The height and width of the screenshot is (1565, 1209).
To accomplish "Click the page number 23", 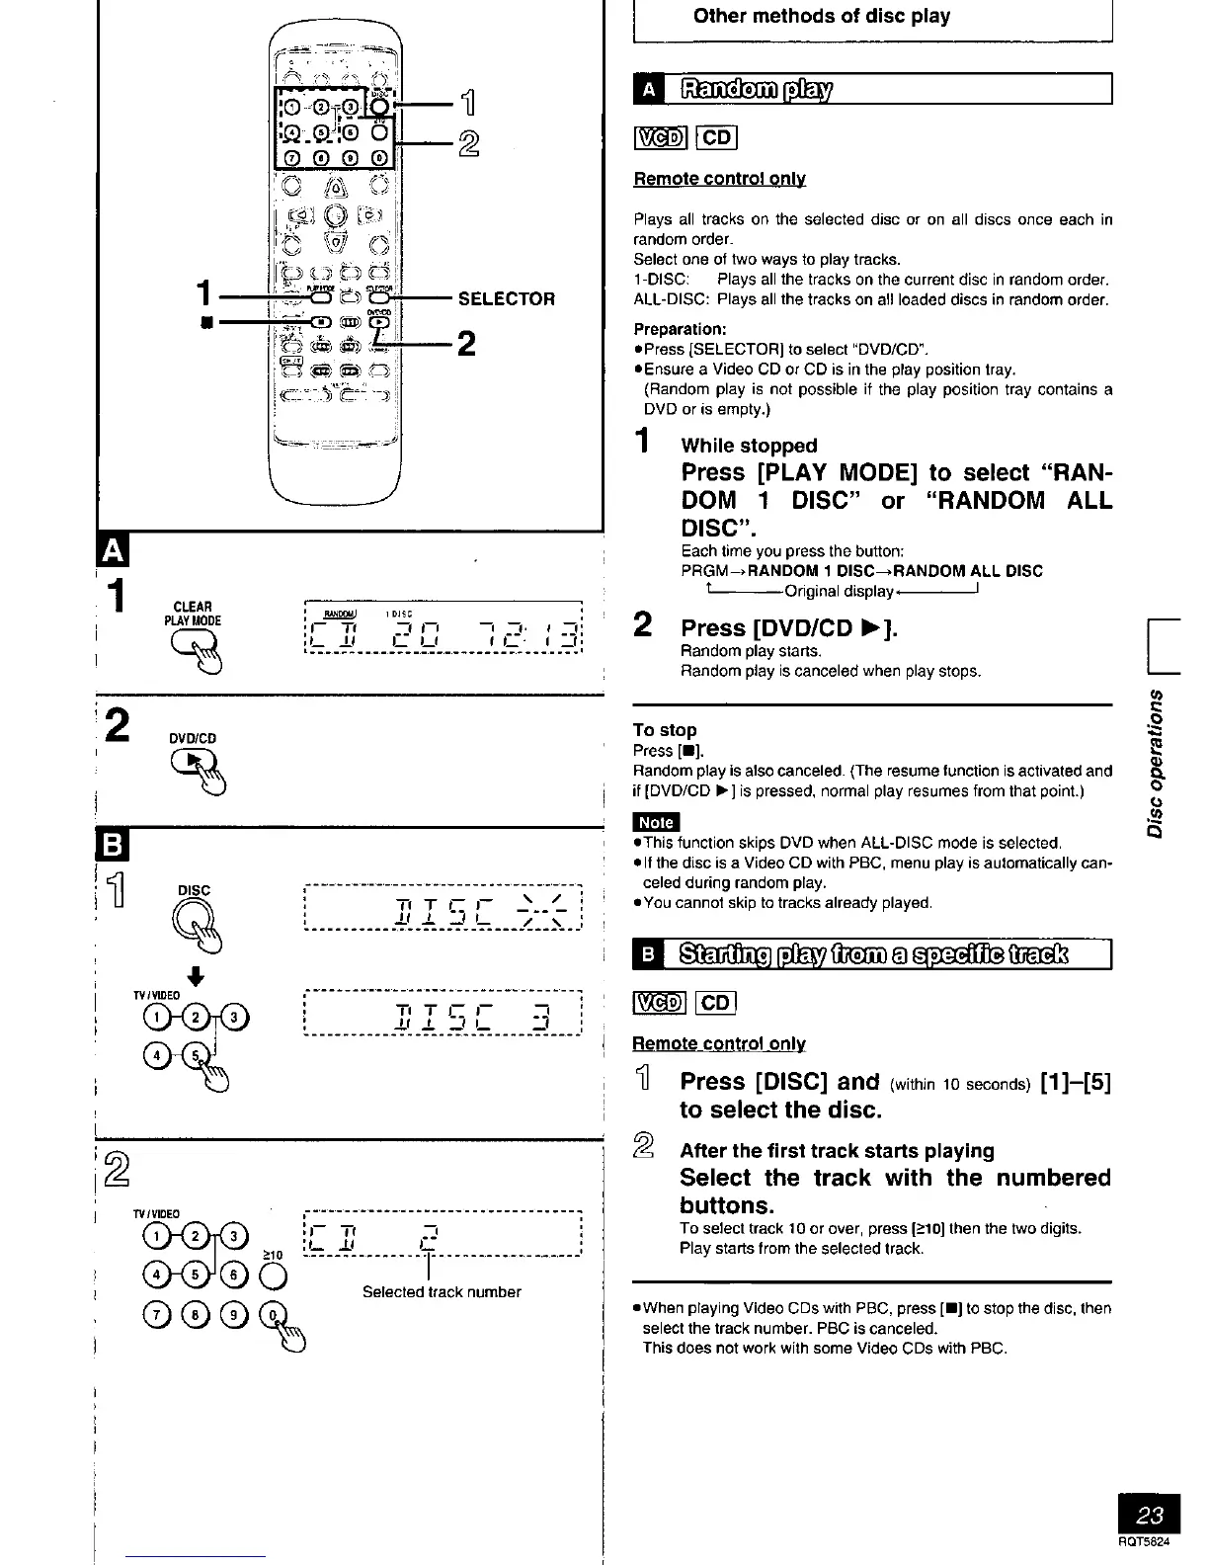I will (x=1150, y=1516).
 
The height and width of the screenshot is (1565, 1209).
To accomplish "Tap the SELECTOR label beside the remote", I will (x=507, y=299).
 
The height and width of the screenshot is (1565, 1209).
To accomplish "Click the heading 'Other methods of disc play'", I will (x=821, y=16).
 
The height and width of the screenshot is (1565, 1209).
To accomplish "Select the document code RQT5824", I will (x=1150, y=1541).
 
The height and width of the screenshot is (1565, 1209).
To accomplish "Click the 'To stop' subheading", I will (x=665, y=729).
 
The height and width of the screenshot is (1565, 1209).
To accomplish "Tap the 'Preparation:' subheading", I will (x=680, y=328).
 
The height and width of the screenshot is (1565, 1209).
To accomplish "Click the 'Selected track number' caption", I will (x=442, y=1291).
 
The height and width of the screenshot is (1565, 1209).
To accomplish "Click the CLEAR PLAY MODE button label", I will (x=193, y=614).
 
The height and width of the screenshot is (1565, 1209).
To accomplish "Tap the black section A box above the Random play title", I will (x=648, y=91).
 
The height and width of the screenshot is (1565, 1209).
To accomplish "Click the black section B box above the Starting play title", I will (x=648, y=955).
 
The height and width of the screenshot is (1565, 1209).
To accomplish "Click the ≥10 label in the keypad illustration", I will (x=274, y=1255).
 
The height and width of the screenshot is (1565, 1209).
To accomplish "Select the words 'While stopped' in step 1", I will (x=749, y=446).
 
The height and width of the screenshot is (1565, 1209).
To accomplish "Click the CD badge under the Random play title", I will (x=717, y=137).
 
